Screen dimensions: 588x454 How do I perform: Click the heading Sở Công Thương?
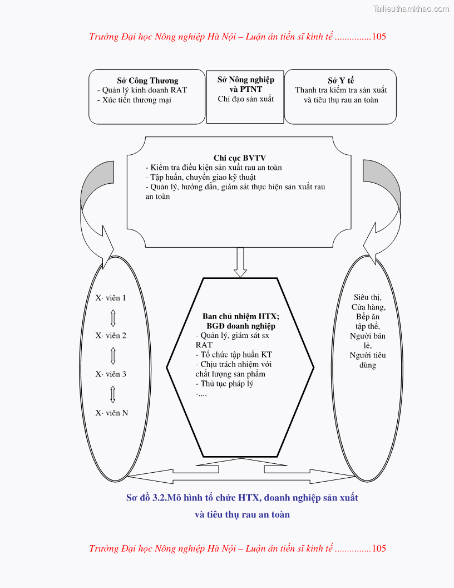(x=147, y=81)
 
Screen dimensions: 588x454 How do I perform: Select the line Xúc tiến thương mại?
(x=137, y=100)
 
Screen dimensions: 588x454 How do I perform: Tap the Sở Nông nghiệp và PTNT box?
(x=245, y=96)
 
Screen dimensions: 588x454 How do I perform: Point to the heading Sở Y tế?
(x=340, y=81)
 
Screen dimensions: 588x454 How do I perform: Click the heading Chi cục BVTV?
(x=239, y=158)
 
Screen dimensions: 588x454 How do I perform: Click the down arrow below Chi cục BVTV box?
(x=240, y=262)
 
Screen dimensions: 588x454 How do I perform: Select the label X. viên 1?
(x=111, y=298)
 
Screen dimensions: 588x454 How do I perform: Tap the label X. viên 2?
(x=111, y=336)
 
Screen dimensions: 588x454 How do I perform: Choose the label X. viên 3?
(x=111, y=374)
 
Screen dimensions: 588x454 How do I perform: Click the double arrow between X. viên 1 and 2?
(x=113, y=317)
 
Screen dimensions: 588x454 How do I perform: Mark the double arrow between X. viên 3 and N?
(x=113, y=393)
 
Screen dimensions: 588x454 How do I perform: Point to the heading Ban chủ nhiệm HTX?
(x=240, y=316)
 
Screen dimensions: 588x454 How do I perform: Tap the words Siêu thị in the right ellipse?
(x=368, y=297)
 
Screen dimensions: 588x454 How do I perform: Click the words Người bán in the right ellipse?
(x=368, y=336)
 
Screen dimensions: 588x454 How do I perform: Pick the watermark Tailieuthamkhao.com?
(x=411, y=8)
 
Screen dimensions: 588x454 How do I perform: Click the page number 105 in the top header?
(x=379, y=37)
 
